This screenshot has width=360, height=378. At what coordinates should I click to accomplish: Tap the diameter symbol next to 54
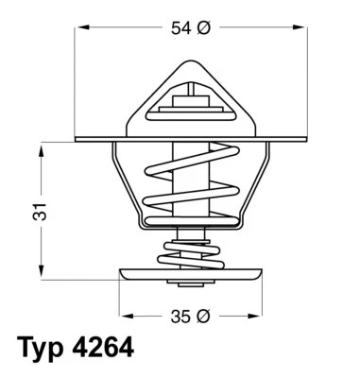(202, 28)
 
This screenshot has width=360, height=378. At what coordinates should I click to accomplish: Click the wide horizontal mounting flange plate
(104, 141)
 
